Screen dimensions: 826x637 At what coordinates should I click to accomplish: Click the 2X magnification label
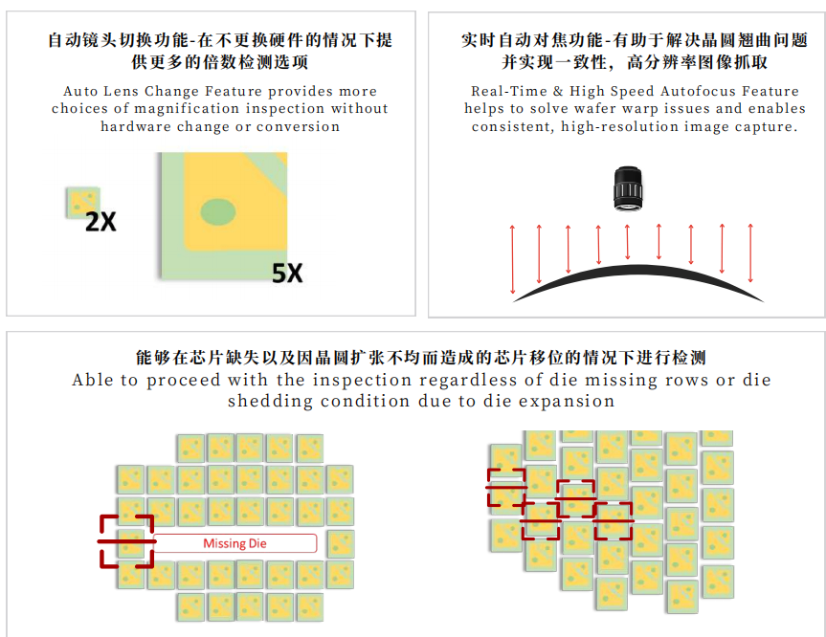100,222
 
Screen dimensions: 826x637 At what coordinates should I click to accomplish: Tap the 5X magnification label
287,274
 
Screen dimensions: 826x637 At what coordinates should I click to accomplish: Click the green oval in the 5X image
218,212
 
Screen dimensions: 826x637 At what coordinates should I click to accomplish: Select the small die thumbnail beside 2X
82,202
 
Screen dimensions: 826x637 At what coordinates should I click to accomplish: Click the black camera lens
628,188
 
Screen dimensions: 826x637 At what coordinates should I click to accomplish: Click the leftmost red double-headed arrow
512,259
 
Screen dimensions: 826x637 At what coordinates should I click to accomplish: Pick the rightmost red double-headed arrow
750,253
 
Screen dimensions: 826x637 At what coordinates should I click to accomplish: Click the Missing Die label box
234,543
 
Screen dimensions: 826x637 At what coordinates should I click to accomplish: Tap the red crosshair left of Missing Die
127,541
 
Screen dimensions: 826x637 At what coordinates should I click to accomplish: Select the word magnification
187,108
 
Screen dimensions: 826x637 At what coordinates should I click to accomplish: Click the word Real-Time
509,91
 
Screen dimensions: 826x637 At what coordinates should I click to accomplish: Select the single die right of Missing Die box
341,544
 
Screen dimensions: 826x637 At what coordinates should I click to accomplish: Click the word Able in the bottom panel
92,380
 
